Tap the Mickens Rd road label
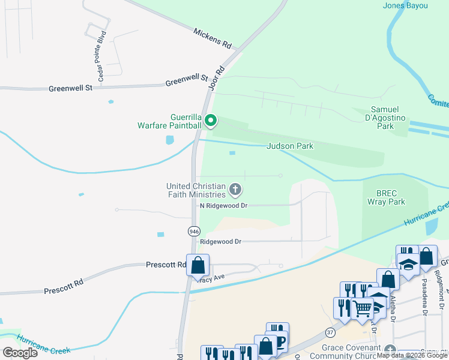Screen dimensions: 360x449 [x=212, y=37]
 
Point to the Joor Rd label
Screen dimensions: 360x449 [x=216, y=79]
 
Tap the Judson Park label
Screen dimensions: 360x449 [x=290, y=146]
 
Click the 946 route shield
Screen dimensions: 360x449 [x=193, y=231]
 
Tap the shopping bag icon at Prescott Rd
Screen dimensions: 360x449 [x=197, y=265]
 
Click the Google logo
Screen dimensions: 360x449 [x=20, y=353]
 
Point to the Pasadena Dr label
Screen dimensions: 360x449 [x=424, y=296]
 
